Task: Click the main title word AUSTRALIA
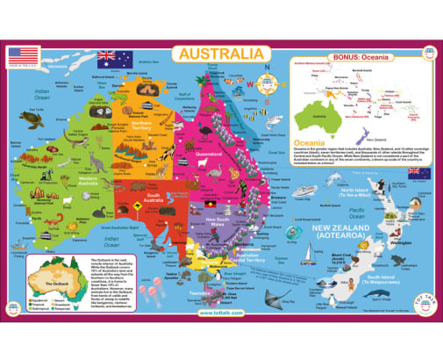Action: point(219,54)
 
